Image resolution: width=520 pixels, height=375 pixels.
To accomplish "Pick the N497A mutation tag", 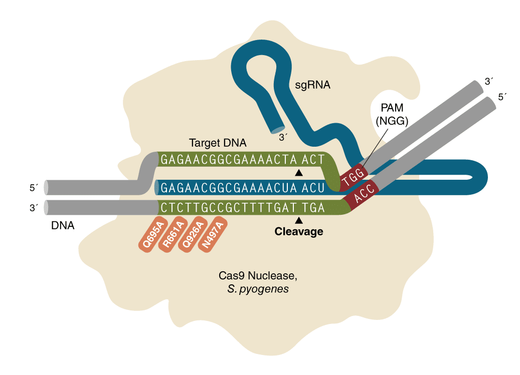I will [x=214, y=235].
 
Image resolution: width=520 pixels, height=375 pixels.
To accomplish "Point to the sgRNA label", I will [x=312, y=85].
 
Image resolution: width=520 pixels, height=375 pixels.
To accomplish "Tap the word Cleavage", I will [x=299, y=232].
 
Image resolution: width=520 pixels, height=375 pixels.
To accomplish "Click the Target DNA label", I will [x=218, y=143].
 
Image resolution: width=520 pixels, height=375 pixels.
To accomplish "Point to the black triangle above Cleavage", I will [x=299, y=220].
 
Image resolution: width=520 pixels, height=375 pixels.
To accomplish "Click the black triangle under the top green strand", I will [x=299, y=173].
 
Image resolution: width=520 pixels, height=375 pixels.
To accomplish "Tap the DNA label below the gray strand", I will [x=63, y=226].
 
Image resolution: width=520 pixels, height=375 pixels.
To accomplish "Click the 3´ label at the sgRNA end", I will [x=284, y=137].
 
